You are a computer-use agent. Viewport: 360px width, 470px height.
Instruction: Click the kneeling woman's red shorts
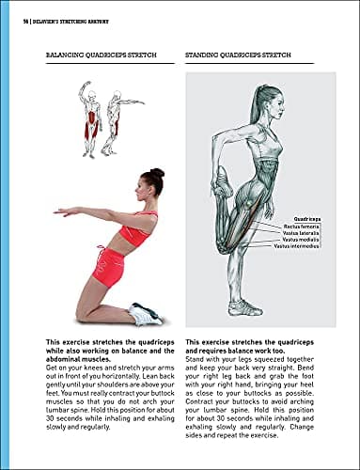(x=109, y=265)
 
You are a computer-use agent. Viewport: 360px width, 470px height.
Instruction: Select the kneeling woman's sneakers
(x=146, y=314)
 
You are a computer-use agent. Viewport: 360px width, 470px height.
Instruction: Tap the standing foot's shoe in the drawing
(x=243, y=307)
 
